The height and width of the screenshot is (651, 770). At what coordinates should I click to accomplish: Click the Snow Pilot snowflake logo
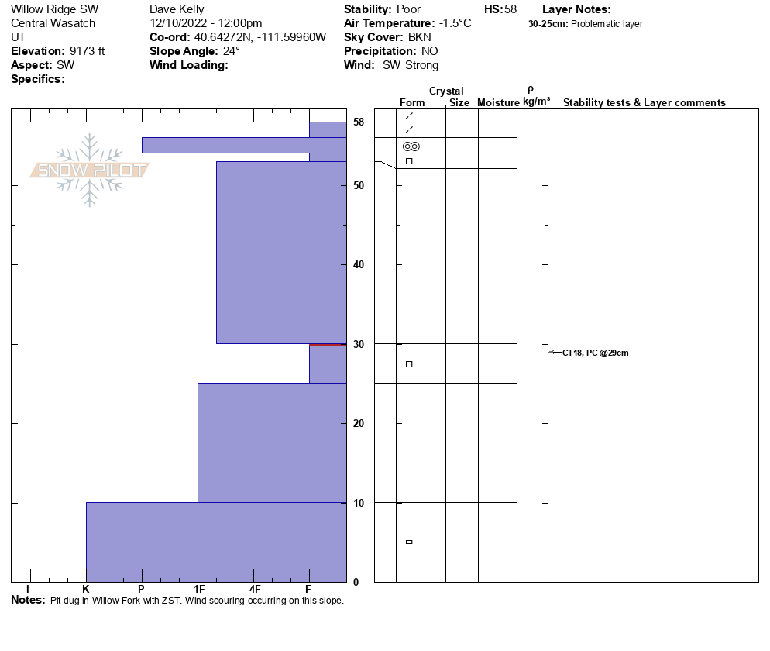pos(89,170)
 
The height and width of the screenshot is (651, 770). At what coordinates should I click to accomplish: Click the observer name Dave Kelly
pos(177,9)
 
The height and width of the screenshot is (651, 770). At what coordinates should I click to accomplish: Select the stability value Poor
pos(408,9)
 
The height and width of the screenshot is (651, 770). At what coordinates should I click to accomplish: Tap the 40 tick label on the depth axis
pos(359,265)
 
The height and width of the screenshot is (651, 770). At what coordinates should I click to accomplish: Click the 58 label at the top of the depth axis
pos(359,122)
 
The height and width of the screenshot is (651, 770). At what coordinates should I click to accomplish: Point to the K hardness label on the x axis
pos(86,589)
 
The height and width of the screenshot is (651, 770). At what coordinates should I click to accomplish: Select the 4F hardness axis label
pos(254,589)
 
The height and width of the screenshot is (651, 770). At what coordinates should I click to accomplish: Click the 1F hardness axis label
pos(198,589)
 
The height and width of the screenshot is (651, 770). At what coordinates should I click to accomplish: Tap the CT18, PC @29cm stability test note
pos(595,353)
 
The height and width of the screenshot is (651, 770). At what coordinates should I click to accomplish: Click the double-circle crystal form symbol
pos(411,146)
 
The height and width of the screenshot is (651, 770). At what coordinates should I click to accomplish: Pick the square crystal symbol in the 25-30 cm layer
pos(409,364)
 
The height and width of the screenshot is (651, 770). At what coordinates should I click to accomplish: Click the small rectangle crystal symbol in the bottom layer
pos(409,542)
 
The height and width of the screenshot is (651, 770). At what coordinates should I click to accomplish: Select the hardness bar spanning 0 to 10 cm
pos(215,542)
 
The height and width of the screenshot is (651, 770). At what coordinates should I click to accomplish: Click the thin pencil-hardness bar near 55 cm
pos(243,145)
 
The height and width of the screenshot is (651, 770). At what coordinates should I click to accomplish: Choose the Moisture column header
pos(498,102)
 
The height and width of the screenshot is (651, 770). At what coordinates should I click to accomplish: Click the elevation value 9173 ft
pos(87,51)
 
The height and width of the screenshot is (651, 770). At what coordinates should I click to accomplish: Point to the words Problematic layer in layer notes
pos(607,24)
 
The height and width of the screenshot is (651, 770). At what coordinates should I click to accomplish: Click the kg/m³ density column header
pos(536,102)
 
